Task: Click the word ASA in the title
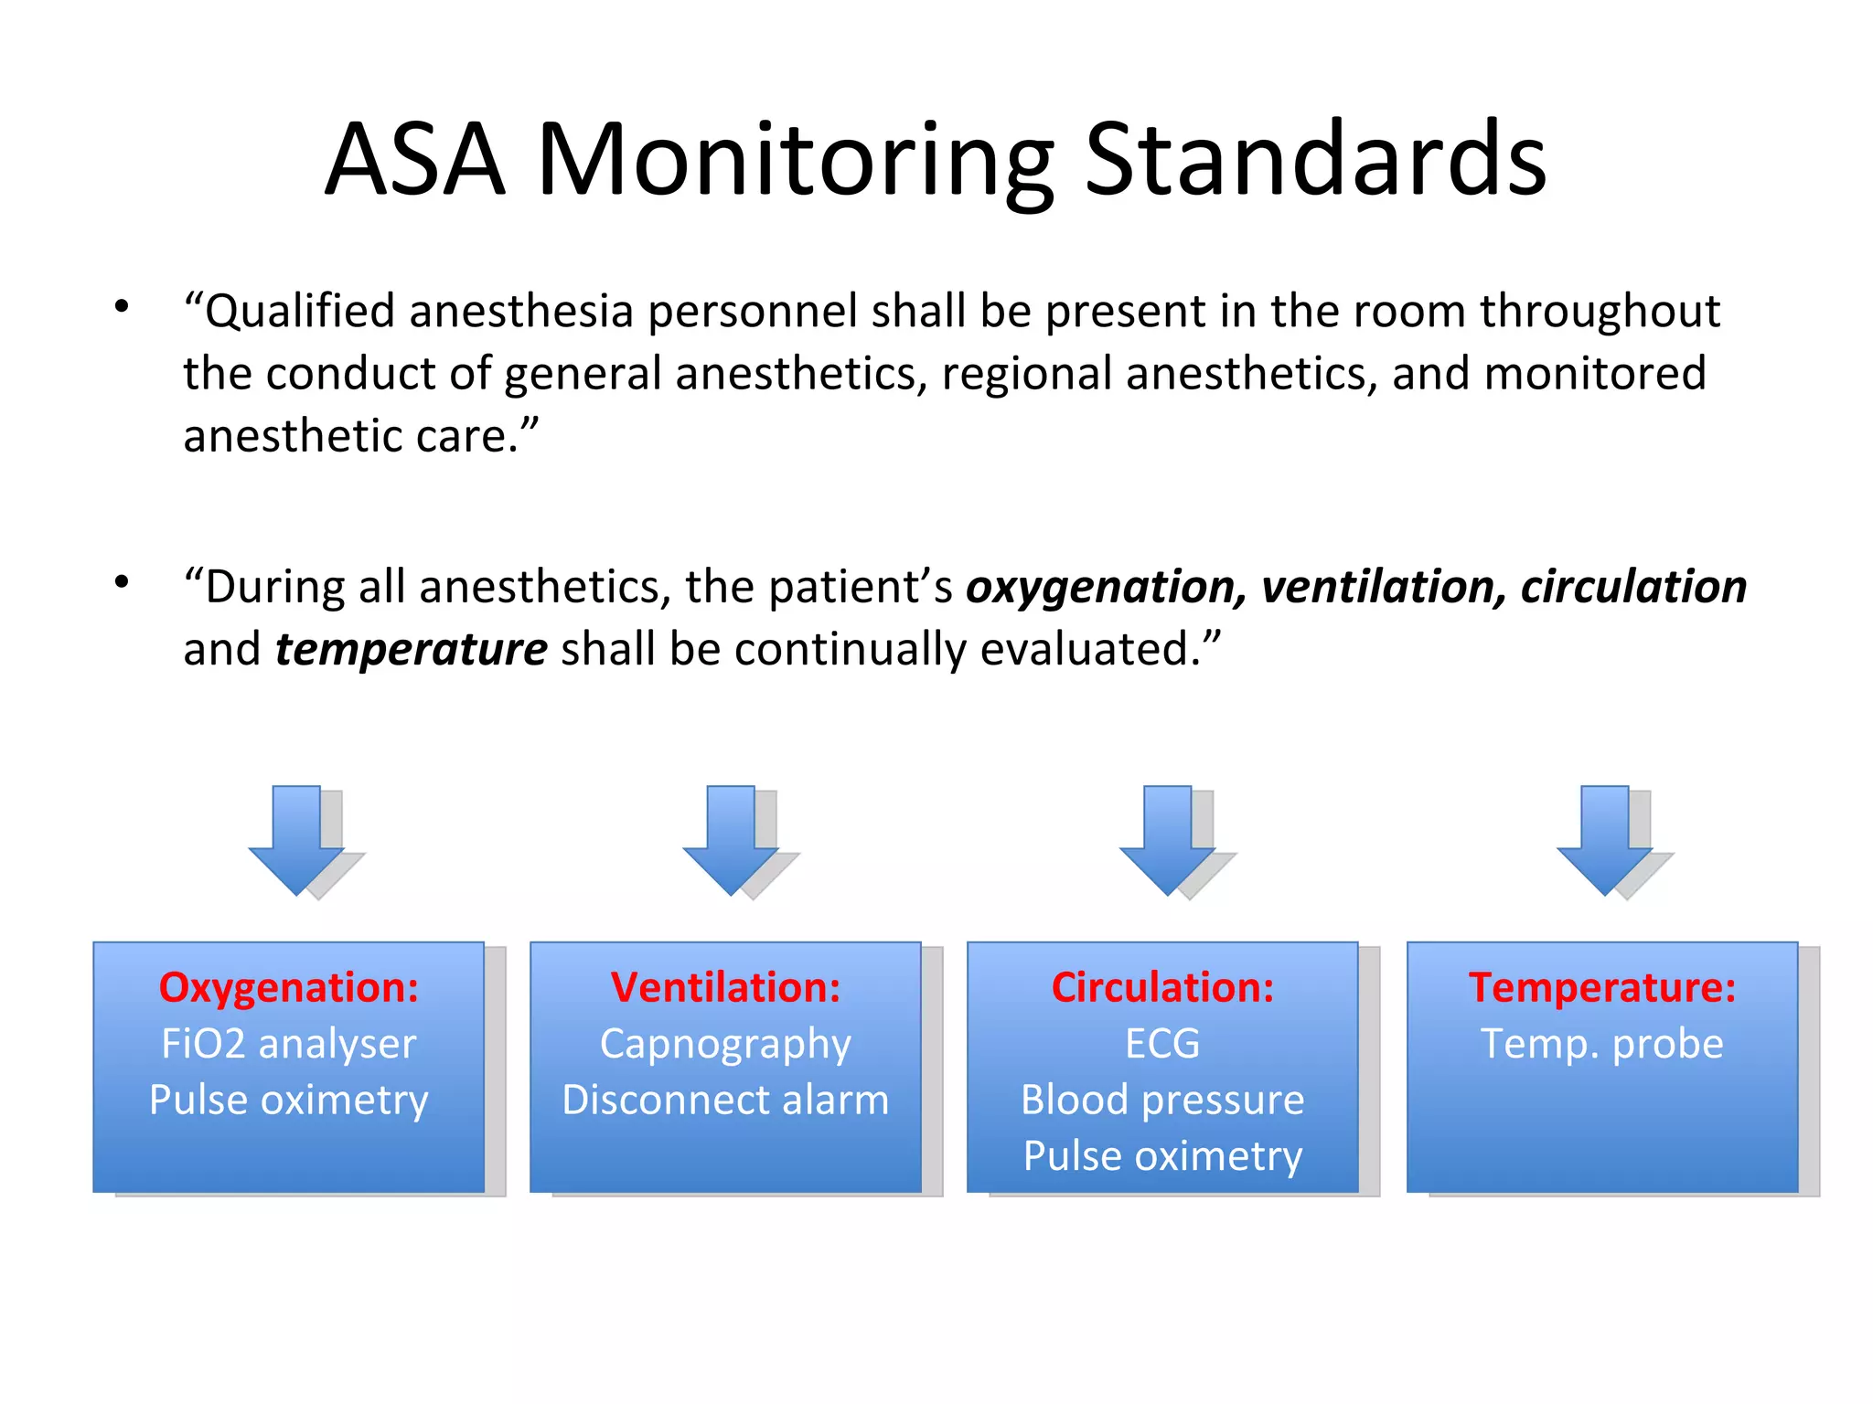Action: [416, 160]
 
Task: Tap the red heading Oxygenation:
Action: [289, 987]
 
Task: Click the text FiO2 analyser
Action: [289, 1044]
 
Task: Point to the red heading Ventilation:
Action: [725, 987]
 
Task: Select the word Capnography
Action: [725, 1045]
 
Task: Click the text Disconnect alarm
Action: [725, 1100]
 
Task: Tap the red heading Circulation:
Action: [1162, 987]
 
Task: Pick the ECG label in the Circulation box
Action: [1162, 1044]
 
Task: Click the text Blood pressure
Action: [1162, 1100]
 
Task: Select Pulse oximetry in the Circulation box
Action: [1162, 1156]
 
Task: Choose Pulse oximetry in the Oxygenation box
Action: [289, 1100]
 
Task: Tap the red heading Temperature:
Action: [1602, 987]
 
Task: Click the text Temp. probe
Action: [1602, 1044]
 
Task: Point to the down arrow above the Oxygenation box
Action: [297, 841]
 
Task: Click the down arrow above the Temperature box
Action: [1605, 841]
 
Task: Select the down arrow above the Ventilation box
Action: [732, 841]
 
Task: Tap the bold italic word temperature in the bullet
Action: [412, 650]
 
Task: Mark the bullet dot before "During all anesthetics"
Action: [122, 581]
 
